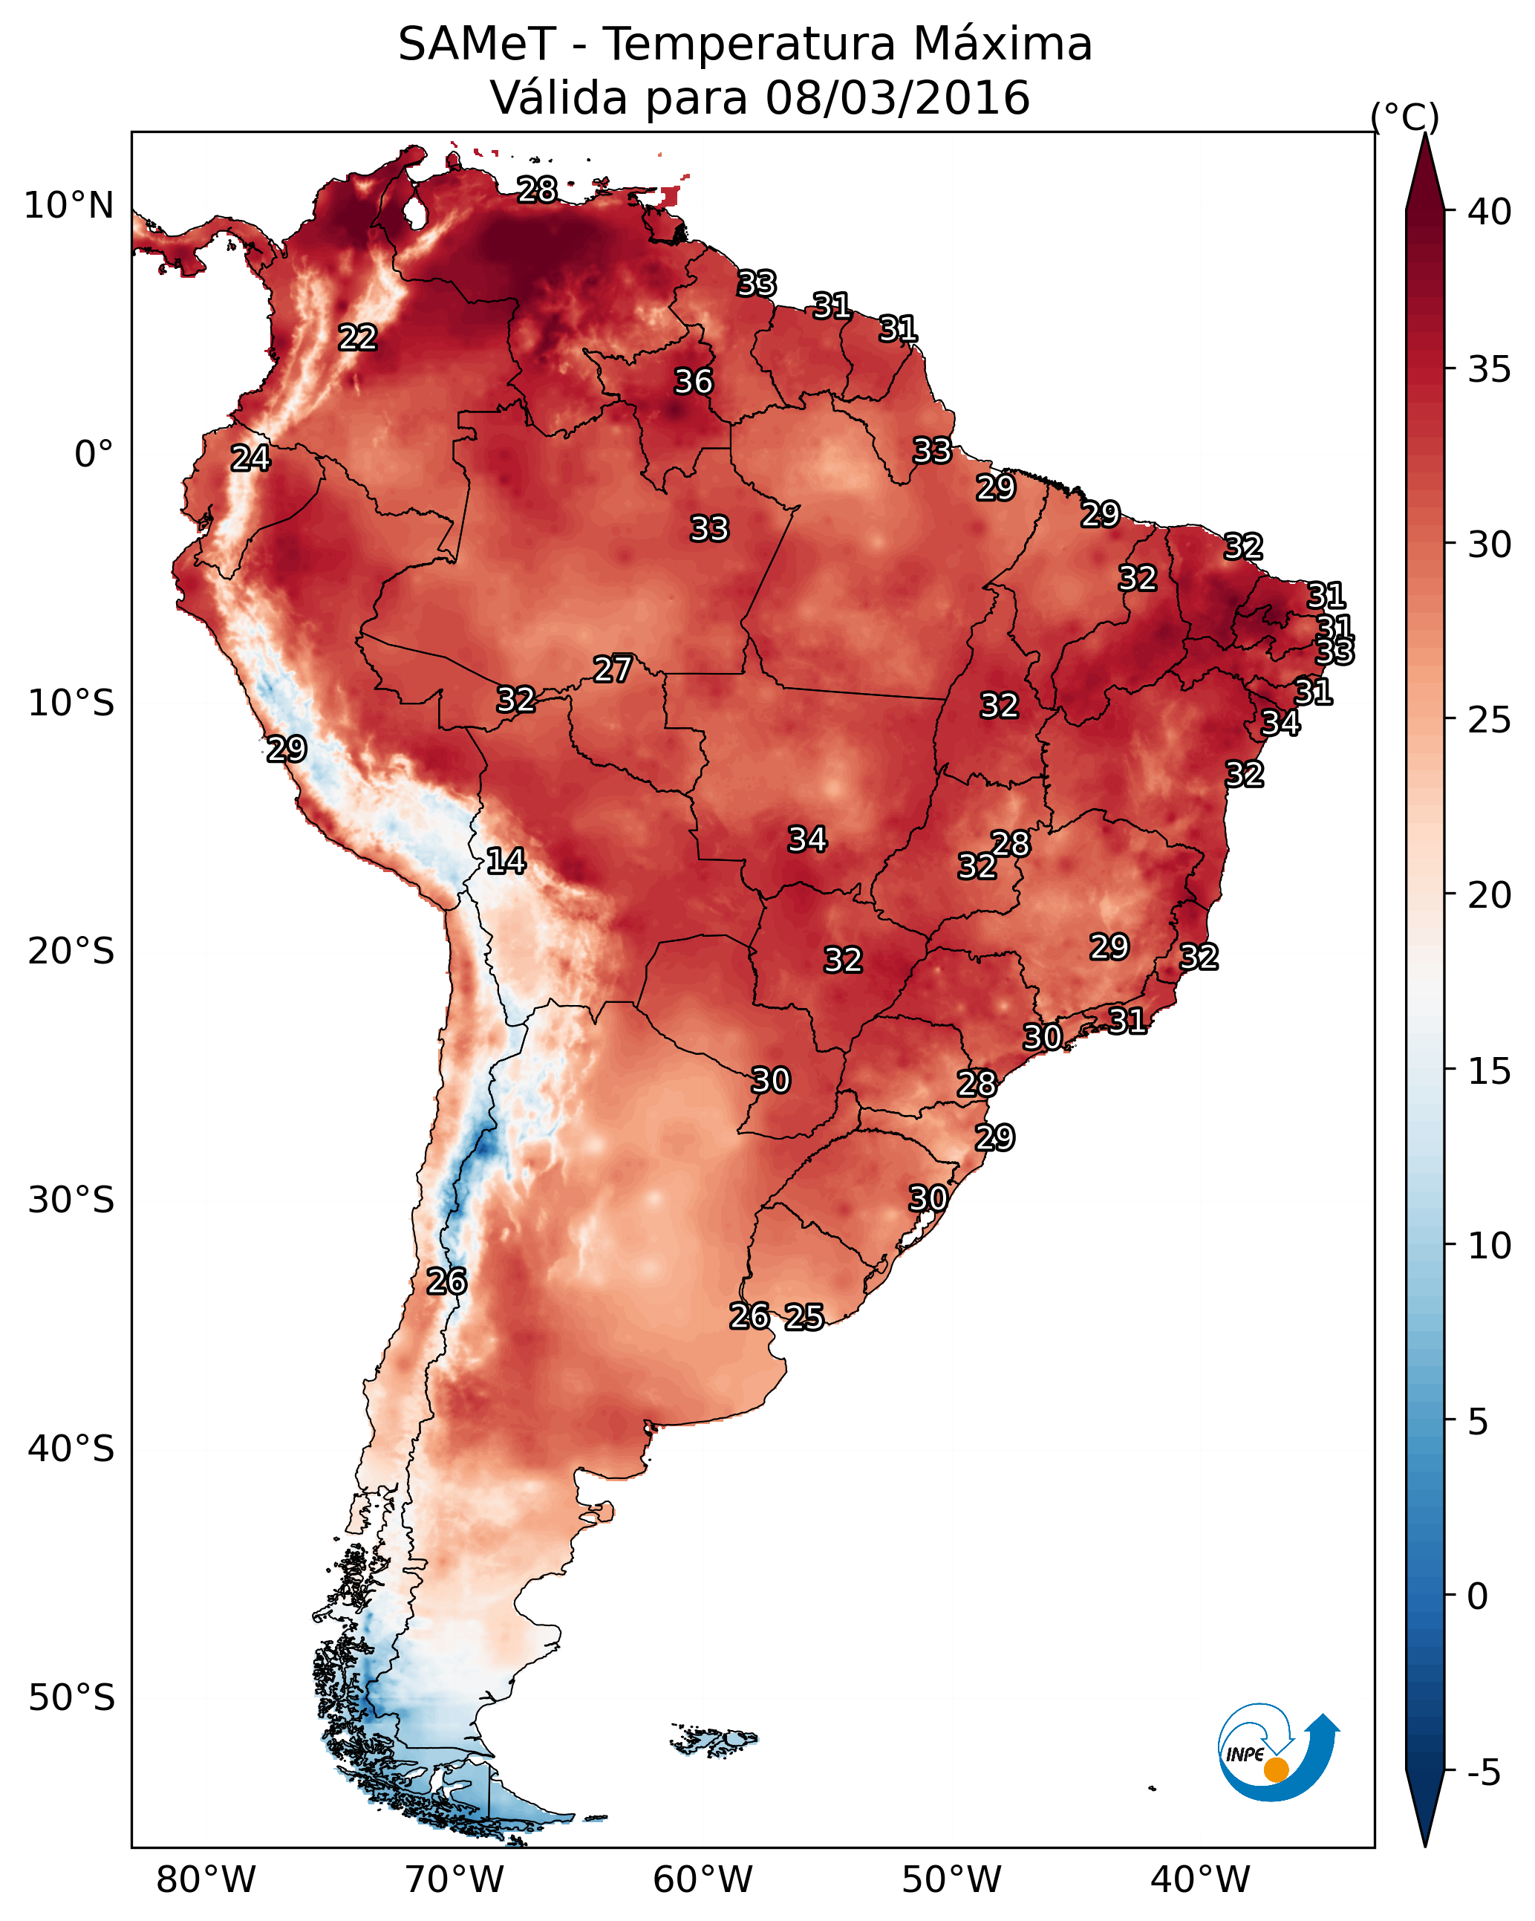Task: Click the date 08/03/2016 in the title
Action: point(897,97)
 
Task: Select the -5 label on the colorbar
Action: point(1483,1772)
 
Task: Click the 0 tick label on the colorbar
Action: point(1477,1596)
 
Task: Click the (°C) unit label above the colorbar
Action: point(1405,116)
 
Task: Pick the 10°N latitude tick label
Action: point(68,206)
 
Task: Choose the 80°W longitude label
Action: point(206,1879)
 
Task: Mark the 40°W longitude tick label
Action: point(1200,1879)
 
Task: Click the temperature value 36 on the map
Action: point(693,381)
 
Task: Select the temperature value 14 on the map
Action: point(506,861)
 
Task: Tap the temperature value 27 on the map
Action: point(613,669)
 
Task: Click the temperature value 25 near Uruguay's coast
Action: point(804,1317)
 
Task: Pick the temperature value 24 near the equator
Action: point(250,458)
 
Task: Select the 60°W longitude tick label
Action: point(703,1879)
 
